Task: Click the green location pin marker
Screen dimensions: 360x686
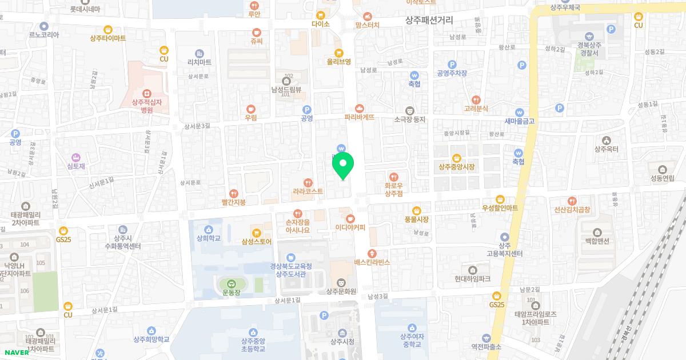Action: (x=343, y=165)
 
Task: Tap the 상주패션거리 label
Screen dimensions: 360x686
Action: (x=429, y=20)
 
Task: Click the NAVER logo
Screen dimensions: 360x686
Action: (x=15, y=352)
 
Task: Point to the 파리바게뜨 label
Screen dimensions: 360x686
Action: (x=359, y=117)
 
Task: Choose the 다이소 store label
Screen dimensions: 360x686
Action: (x=321, y=25)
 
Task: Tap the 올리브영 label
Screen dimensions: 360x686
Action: (x=338, y=61)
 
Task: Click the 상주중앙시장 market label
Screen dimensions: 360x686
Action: (x=456, y=167)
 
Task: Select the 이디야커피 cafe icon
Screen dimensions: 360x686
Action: (x=350, y=218)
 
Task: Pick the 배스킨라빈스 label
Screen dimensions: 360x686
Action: (x=372, y=262)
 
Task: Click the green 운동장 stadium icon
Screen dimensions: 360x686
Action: (x=231, y=283)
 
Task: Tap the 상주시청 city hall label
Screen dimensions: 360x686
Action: (x=342, y=342)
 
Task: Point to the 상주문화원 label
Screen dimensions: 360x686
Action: (x=341, y=291)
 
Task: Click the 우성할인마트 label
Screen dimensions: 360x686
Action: (x=500, y=208)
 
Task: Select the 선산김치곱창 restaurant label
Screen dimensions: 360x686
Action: (x=572, y=210)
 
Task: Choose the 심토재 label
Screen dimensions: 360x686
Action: (x=75, y=166)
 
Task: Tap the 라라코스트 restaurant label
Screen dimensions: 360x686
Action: (x=308, y=191)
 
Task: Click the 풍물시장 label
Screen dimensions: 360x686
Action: (x=416, y=219)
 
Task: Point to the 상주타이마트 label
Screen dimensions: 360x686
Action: (x=107, y=38)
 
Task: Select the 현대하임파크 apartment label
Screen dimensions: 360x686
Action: (x=473, y=279)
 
